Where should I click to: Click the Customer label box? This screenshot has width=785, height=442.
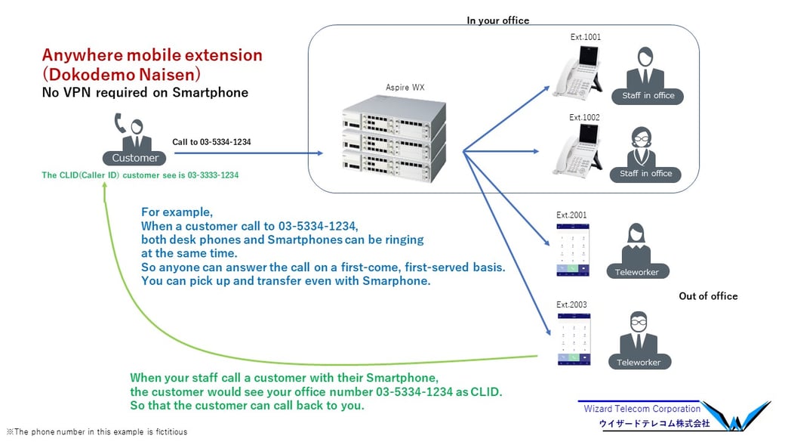pos(135,158)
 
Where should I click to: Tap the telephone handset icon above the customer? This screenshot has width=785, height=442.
pos(120,122)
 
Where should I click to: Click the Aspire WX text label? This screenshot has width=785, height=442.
pos(405,88)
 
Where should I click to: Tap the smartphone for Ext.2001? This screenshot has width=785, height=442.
pos(572,249)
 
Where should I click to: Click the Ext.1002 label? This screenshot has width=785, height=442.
pos(584,117)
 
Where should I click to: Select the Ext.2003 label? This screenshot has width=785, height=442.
pos(571,304)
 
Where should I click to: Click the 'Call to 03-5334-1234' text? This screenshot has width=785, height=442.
pos(211,142)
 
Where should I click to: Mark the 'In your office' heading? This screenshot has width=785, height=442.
pos(498,20)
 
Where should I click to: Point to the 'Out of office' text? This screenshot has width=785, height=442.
pos(708,296)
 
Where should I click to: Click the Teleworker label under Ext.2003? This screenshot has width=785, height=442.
pos(639,363)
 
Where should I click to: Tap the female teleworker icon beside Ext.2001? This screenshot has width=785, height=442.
pos(636,243)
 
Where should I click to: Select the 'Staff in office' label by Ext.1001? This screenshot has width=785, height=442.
pos(648,96)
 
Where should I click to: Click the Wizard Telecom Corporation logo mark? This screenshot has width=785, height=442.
pos(743,416)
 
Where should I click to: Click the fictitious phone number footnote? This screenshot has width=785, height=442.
pos(97,432)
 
